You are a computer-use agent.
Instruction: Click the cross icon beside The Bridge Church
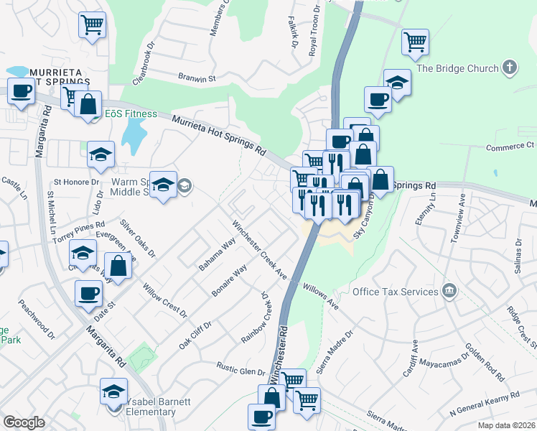pyautogui.click(x=510, y=68)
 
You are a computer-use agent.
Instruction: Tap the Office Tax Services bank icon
pyautogui.click(x=449, y=291)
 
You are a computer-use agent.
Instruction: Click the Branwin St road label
pyautogui.click(x=197, y=78)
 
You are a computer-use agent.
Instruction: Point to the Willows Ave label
pyautogui.click(x=321, y=295)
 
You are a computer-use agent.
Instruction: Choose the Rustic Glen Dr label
pyautogui.click(x=241, y=369)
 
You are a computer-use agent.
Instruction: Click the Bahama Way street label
pyautogui.click(x=218, y=254)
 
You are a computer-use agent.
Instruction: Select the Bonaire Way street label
pyautogui.click(x=229, y=281)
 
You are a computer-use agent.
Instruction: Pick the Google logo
pyautogui.click(x=24, y=422)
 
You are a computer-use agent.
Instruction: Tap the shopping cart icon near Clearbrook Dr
pyautogui.click(x=92, y=26)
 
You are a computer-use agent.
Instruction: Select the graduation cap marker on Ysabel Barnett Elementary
pyautogui.click(x=113, y=391)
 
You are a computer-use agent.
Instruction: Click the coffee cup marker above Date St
pyautogui.click(x=89, y=292)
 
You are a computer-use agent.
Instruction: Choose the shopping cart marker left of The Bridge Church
pyautogui.click(x=415, y=42)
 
